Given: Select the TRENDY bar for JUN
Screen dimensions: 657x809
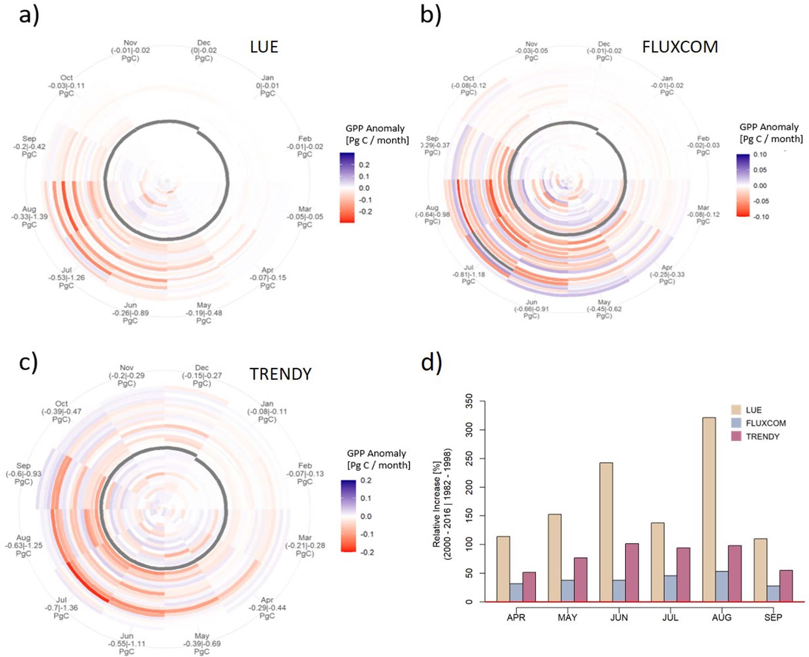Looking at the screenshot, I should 632,572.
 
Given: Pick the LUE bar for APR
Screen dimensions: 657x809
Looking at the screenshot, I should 503,569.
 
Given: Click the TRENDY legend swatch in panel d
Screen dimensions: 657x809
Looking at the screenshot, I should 736,436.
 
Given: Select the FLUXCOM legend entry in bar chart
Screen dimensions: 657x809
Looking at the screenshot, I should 765,423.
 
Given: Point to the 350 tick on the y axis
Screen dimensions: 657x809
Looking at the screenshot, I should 469,401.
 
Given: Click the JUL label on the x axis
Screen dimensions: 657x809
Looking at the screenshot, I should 670,617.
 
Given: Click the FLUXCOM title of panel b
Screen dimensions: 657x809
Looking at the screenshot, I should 680,47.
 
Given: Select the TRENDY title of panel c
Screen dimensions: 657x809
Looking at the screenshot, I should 280,374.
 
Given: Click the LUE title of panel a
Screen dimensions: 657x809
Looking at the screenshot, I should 264,47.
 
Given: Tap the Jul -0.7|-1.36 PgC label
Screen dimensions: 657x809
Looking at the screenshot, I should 61,608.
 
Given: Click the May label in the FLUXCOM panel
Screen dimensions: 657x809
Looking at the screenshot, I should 604,309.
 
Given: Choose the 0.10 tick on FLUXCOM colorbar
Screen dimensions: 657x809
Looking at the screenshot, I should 760,155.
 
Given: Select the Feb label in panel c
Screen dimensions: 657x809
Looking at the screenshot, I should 305,473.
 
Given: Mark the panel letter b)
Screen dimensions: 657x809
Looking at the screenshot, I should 430,15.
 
